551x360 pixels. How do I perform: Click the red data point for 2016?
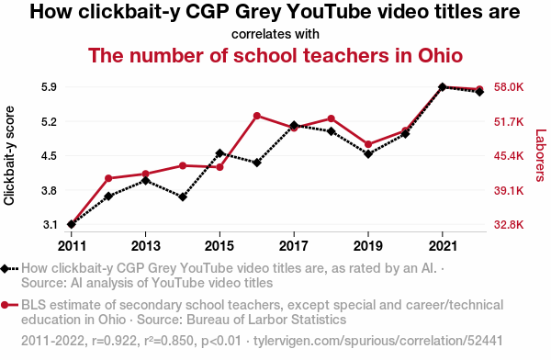(257, 116)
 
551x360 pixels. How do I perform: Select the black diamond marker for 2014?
(183, 197)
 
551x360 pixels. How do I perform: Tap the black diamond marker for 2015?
(220, 153)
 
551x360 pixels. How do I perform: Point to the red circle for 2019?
(368, 144)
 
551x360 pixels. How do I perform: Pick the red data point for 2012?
(108, 178)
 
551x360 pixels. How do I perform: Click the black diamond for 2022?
(479, 92)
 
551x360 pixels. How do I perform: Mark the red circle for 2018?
(331, 118)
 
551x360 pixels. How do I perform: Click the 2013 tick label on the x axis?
(145, 246)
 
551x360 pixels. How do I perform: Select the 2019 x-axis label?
(368, 246)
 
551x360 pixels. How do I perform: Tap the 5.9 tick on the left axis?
(50, 87)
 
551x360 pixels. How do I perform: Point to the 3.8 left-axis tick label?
(50, 191)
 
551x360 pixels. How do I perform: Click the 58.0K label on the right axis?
(509, 87)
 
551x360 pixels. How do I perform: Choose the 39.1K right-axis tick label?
(509, 191)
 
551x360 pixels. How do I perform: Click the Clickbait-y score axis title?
(9, 155)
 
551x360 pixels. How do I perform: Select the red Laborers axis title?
(541, 155)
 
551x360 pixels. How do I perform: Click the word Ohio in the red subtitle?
(440, 55)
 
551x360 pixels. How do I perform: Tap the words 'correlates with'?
(275, 34)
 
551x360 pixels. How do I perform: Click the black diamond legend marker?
(5, 269)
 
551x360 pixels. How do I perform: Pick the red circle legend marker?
(5, 305)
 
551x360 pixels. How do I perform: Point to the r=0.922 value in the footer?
(114, 341)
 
